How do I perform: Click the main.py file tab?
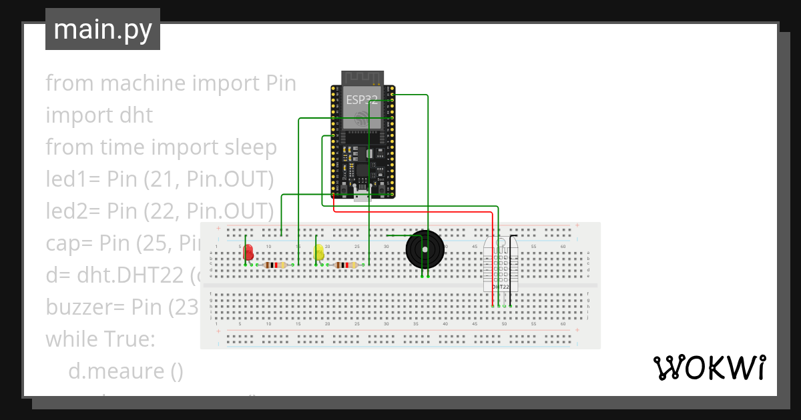102,29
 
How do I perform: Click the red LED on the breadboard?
248,253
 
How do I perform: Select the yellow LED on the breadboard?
318,253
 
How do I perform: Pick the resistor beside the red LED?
274,265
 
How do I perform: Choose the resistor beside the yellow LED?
345,265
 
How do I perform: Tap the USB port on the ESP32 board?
363,193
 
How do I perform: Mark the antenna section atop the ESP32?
363,77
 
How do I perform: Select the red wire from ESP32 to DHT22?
414,213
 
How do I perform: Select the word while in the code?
70,339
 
